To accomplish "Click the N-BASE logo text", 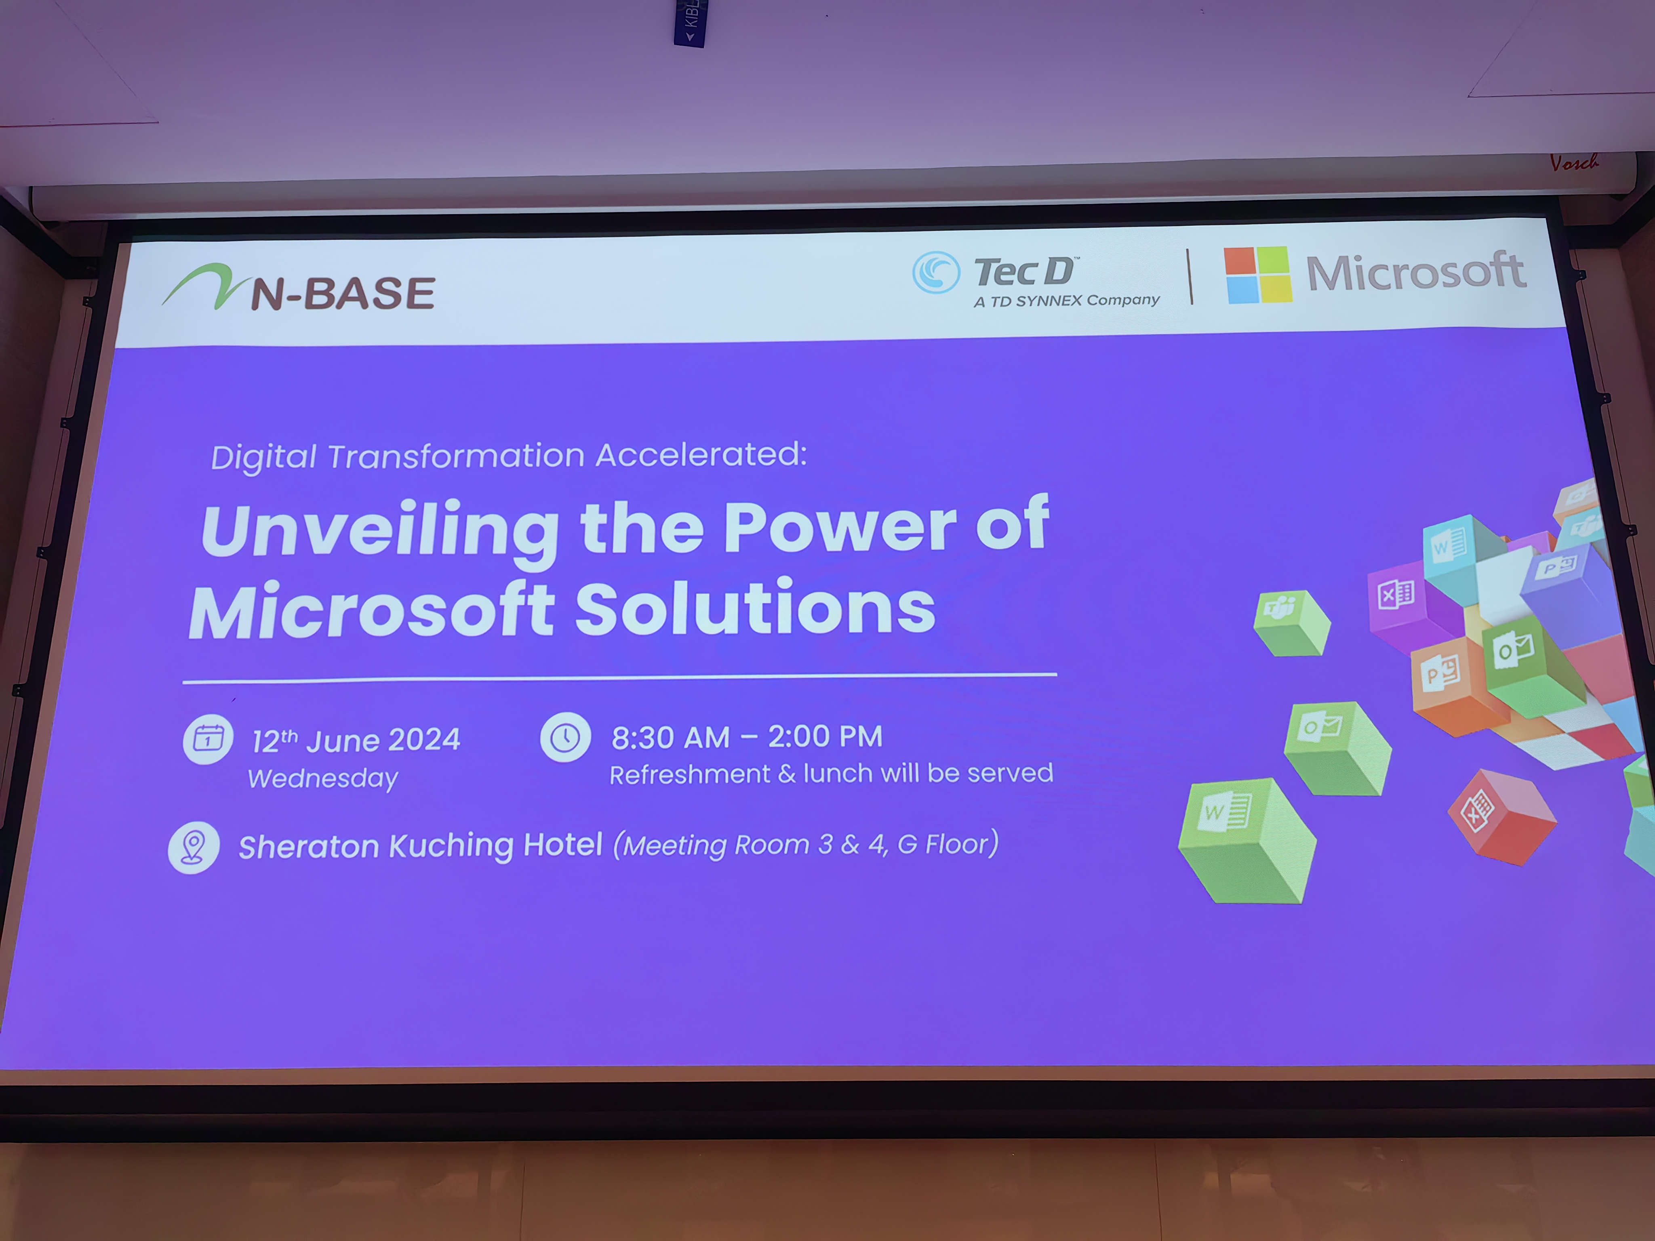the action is (343, 292).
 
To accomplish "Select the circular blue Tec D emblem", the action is (935, 272).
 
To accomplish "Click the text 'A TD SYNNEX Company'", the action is (1066, 301).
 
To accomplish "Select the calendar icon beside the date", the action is (208, 739).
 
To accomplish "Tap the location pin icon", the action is (194, 848).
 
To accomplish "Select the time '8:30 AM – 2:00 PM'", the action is (747, 737).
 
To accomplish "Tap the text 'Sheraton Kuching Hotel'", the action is (421, 846).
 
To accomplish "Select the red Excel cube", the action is (1502, 817).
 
